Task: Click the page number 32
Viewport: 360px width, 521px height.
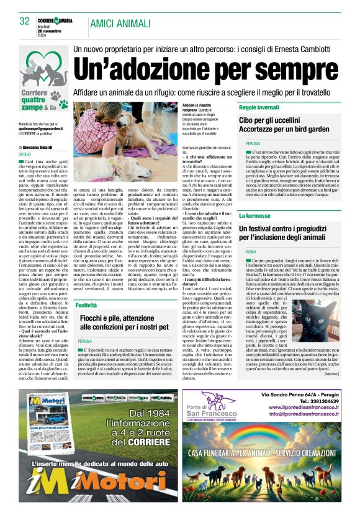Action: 25,21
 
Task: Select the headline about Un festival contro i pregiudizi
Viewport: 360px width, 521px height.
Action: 289,233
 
